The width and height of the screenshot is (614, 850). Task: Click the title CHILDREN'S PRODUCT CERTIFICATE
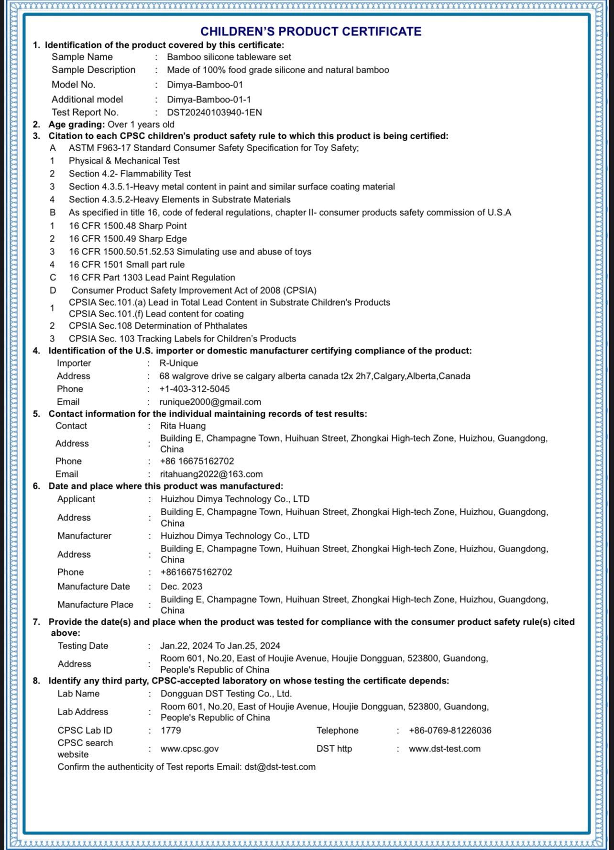tap(311, 32)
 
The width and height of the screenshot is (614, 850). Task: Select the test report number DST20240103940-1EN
tap(214, 112)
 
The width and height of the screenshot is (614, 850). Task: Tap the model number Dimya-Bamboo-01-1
tap(209, 99)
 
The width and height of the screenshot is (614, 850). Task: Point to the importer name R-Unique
tap(178, 363)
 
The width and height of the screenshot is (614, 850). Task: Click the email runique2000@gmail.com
tap(210, 402)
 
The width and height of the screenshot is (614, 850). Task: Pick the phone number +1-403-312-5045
tap(194, 389)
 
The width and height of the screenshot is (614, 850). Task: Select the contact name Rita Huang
tap(183, 426)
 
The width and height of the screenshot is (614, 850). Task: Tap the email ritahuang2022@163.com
tap(211, 474)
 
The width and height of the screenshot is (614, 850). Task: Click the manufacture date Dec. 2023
tap(181, 586)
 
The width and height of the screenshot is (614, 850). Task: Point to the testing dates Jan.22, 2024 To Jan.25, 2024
tap(220, 646)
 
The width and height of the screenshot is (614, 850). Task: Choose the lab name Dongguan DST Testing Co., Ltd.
tap(226, 694)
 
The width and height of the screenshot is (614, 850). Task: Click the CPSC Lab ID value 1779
tap(171, 730)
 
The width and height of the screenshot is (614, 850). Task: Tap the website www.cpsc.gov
tap(189, 749)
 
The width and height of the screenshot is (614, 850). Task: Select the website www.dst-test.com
tap(444, 749)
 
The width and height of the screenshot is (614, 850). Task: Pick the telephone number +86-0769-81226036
tap(450, 730)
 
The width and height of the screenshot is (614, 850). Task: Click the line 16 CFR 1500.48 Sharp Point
tap(128, 226)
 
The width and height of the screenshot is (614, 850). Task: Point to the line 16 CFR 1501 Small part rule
tap(127, 265)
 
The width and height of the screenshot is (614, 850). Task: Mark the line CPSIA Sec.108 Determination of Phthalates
tap(158, 326)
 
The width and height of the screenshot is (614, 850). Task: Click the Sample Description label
tap(93, 70)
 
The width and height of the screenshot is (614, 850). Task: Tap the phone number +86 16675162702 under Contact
tap(197, 461)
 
